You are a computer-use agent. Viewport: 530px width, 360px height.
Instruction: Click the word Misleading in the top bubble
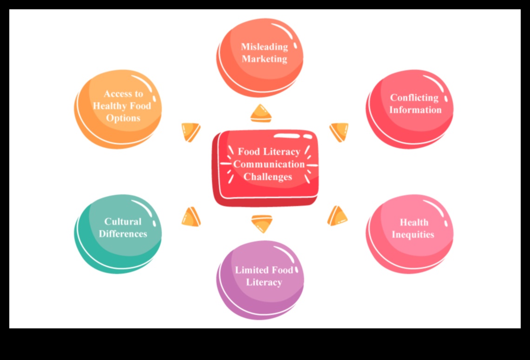pos(265,47)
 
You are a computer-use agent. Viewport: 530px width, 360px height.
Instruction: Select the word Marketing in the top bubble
pos(265,59)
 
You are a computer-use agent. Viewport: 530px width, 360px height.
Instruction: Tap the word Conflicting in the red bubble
pos(414,98)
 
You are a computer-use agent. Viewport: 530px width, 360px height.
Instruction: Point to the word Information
pos(415,110)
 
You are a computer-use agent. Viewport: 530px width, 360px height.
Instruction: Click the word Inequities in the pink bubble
pos(413,234)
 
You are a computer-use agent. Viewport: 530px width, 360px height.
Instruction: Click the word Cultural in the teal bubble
pos(123,221)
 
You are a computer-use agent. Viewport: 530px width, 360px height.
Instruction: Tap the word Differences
pos(123,233)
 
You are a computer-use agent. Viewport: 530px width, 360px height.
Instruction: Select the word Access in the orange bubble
pos(117,93)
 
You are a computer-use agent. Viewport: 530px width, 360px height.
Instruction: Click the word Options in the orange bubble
pos(123,118)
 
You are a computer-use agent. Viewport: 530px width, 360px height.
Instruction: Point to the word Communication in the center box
pos(269,164)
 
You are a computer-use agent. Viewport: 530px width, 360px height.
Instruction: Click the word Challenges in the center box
pos(268,177)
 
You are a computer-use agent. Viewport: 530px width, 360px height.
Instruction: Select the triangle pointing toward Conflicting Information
pos(339,131)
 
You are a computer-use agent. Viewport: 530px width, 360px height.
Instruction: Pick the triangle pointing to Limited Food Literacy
pos(262,223)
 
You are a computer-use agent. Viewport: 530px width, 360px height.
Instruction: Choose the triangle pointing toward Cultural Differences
pos(192,217)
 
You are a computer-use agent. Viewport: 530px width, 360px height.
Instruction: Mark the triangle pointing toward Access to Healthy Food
pos(191,131)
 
